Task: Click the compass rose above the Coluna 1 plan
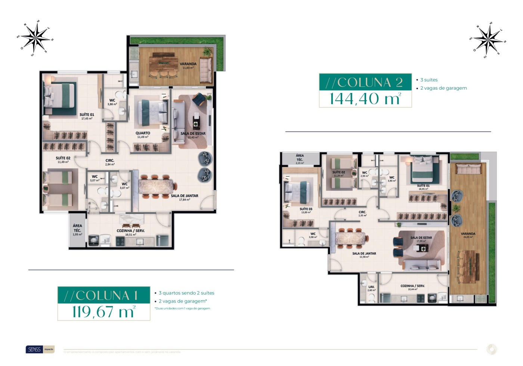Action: click(35, 38)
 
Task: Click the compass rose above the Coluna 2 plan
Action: click(488, 40)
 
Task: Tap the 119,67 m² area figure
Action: click(103, 311)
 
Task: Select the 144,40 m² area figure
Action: click(365, 99)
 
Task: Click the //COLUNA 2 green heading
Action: click(365, 82)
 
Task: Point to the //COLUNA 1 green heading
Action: click(103, 295)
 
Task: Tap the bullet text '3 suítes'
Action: click(428, 80)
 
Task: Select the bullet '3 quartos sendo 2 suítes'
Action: click(186, 293)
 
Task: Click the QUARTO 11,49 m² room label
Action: click(143, 135)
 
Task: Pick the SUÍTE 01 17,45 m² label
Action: click(87, 117)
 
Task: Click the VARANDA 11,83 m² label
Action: click(188, 66)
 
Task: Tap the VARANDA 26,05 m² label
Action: click(468, 235)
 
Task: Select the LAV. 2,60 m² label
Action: click(371, 288)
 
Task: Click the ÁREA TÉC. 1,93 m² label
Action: click(77, 230)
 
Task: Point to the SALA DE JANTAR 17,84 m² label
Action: click(185, 198)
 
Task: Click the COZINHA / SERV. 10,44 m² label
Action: click(412, 287)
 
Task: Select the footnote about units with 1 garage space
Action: click(182, 308)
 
